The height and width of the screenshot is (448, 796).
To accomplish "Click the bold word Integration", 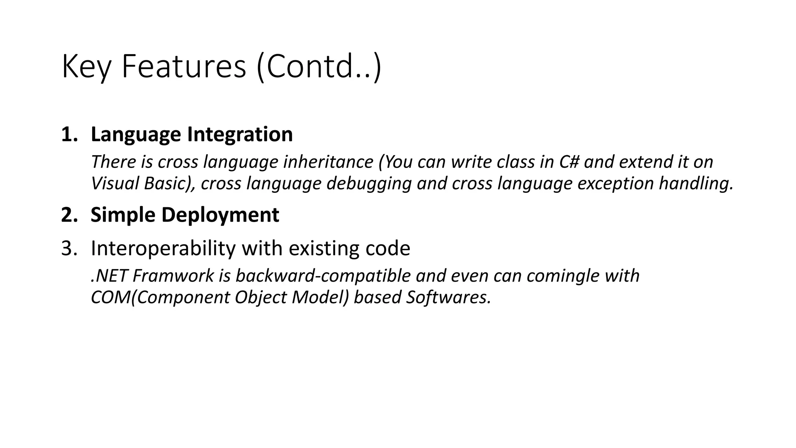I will pos(240,135).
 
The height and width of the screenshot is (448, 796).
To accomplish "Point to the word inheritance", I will pos(328,162).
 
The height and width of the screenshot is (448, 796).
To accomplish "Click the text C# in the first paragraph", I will pos(569,162).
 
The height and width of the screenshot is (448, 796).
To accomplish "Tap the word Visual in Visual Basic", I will pos(115,183).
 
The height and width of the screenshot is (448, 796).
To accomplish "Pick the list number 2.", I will pos(69,215).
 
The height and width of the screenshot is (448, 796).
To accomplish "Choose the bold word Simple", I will pos(123,215).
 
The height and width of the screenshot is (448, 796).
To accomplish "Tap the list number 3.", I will pos(69,248).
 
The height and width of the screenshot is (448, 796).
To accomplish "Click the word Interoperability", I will pos(163,248).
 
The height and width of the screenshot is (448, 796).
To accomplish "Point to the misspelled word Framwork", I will pos(173,276).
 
